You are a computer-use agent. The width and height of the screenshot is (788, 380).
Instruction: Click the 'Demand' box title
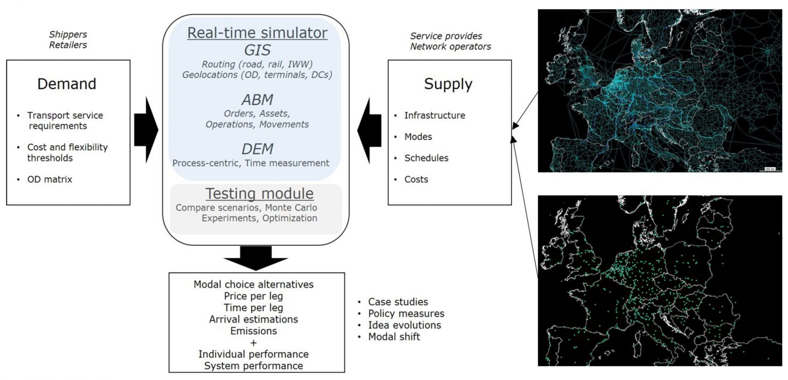pos(67,84)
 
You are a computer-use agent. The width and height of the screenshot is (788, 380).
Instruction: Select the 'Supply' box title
pos(448,84)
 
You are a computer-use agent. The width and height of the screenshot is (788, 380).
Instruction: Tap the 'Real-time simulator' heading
pos(257,33)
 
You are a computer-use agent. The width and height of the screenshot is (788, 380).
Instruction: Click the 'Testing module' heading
pos(259,194)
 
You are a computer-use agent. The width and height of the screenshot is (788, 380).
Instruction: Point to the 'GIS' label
pos(257,50)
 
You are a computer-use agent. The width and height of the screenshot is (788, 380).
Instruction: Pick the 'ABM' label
pos(257,100)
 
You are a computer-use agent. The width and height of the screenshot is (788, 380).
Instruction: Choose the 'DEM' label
pos(257,149)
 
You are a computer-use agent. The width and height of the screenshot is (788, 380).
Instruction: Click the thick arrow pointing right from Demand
pos(146,130)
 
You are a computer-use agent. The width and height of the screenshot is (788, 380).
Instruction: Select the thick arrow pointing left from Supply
pos(369,130)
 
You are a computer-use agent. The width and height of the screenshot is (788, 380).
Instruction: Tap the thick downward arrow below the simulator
pos(256,258)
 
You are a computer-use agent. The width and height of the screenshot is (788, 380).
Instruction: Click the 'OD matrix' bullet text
pos(50,179)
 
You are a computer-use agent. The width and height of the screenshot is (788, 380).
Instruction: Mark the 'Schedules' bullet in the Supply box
pos(426,158)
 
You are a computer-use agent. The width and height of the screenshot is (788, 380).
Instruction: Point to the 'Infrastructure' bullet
pos(435,116)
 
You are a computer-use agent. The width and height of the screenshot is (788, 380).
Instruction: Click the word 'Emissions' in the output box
pos(254,331)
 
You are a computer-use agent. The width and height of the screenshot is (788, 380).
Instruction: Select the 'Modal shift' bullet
pos(394,337)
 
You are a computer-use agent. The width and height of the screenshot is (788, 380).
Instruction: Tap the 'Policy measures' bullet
pos(406,314)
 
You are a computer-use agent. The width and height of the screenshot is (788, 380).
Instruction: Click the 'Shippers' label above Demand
pos(68,34)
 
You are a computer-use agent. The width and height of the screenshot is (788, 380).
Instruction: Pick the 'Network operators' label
pos(450,47)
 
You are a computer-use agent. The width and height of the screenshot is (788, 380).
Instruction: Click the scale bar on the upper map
pos(770,169)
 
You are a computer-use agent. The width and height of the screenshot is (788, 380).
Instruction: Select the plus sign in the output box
pos(254,342)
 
